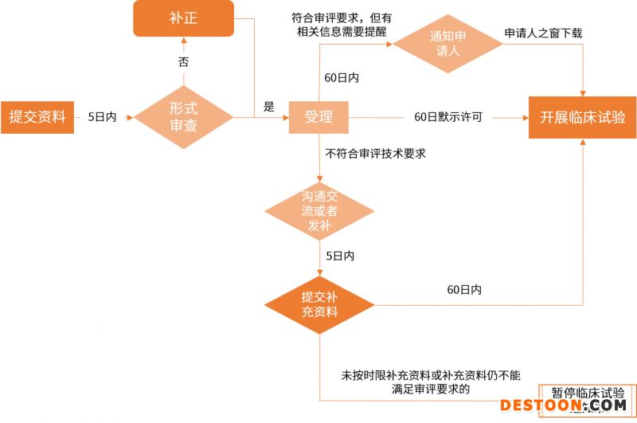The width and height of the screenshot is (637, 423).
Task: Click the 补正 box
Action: [183, 18]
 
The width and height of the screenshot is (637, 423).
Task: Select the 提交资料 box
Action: [37, 117]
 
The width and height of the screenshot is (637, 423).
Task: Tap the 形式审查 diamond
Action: [183, 117]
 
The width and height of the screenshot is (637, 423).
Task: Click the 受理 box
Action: [318, 117]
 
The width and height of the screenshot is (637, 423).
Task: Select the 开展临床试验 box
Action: [583, 117]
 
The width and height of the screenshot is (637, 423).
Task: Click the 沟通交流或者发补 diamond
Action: [319, 210]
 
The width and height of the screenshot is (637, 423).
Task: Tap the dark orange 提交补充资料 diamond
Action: [319, 304]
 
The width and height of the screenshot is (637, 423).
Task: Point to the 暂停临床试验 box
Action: [588, 394]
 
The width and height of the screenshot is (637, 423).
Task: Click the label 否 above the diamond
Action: [183, 61]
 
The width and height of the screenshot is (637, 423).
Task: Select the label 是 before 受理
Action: [268, 106]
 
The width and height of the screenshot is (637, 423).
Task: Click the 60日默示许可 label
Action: [448, 117]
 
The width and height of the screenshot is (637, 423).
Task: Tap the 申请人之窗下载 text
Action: [543, 33]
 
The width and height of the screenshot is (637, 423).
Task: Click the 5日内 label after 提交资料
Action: [102, 117]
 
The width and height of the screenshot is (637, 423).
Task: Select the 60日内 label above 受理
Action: [342, 78]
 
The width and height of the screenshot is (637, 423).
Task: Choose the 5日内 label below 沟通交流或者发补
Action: [340, 256]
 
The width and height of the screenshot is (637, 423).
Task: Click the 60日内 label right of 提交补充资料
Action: [464, 290]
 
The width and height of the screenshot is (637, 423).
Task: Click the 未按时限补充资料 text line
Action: [431, 374]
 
